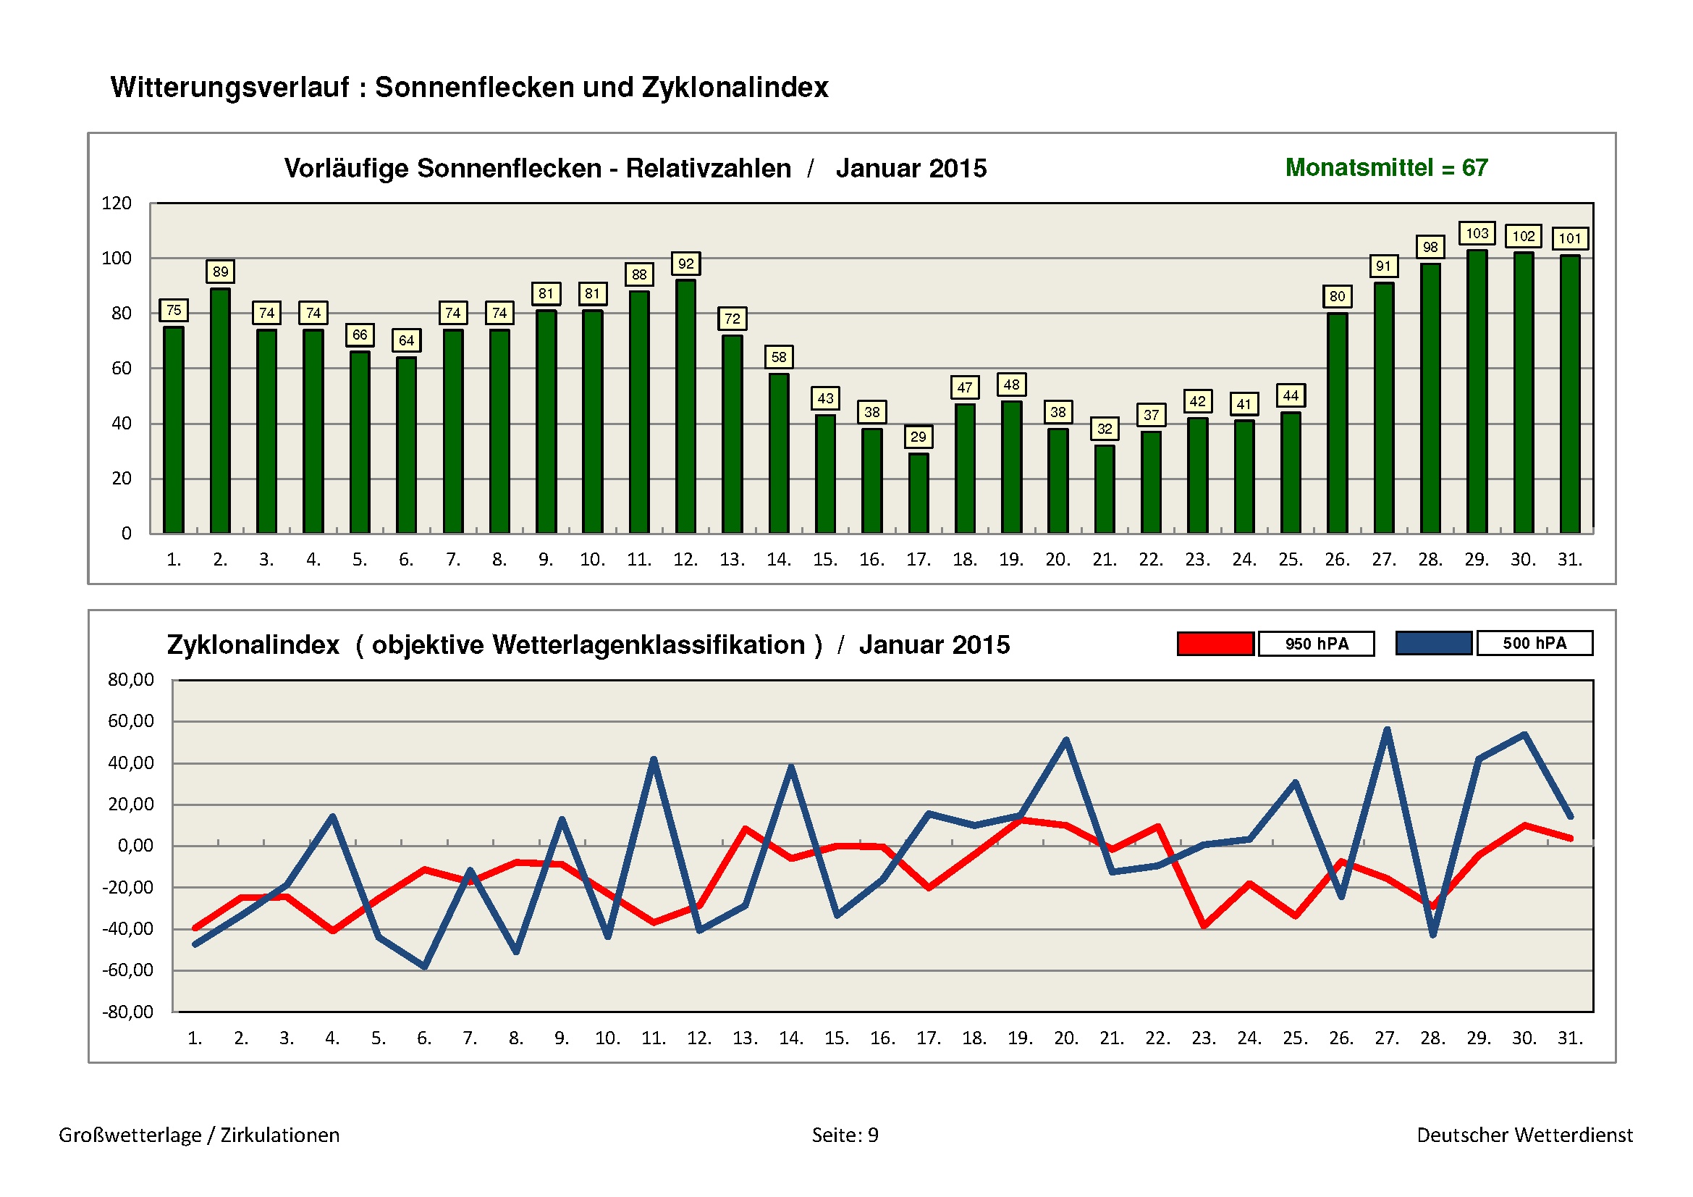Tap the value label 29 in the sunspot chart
point(918,437)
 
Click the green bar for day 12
point(685,406)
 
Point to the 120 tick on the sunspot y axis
point(117,203)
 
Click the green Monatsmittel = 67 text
point(1386,168)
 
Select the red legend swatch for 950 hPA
point(1215,644)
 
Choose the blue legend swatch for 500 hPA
point(1433,643)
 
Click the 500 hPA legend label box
point(1534,643)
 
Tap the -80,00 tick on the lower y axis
point(128,1012)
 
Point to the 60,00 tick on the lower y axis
point(131,721)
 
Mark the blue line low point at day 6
point(425,966)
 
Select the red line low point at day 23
point(1204,925)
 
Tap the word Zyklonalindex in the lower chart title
point(253,645)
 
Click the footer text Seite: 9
point(845,1135)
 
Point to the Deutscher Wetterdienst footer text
point(1524,1135)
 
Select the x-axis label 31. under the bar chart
point(1570,560)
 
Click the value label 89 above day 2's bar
point(221,272)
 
